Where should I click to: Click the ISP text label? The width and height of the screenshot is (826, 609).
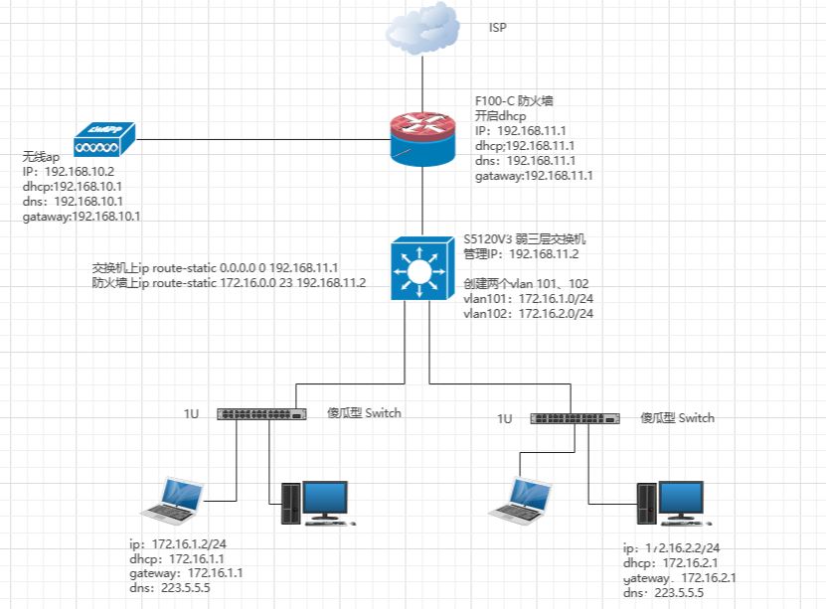498,28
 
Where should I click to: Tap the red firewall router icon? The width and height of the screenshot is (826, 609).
423,139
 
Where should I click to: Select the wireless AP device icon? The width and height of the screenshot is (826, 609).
103,140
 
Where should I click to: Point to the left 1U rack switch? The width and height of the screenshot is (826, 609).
261,413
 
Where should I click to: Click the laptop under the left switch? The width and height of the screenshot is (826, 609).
174,499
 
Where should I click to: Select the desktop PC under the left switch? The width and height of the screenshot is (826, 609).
314,502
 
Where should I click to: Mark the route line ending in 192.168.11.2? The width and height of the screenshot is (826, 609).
230,283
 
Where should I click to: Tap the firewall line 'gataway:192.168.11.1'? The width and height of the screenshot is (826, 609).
534,176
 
